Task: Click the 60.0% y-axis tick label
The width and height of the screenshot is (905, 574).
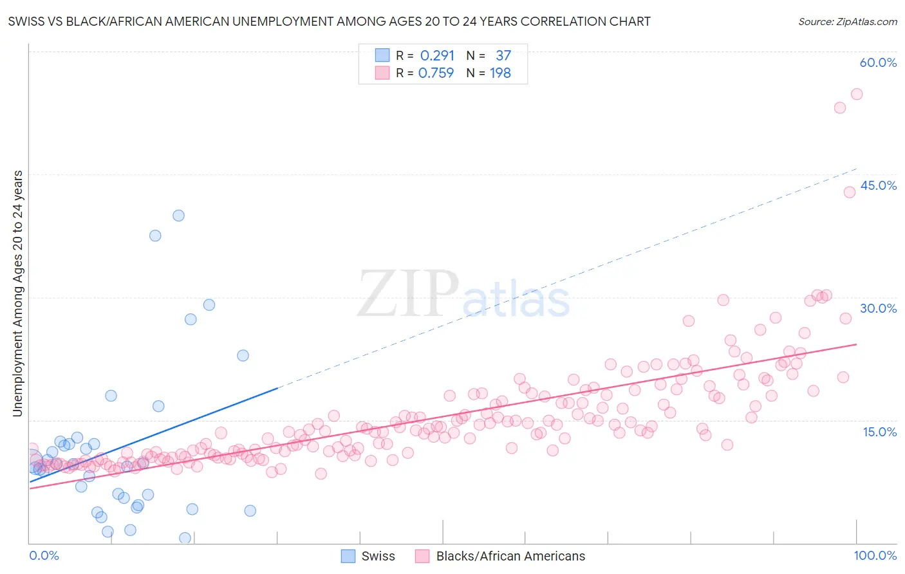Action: click(878, 62)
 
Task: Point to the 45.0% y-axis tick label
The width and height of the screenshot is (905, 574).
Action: click(878, 185)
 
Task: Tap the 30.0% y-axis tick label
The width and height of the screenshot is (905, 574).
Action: click(878, 308)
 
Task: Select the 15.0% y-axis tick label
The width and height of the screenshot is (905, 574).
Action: click(879, 432)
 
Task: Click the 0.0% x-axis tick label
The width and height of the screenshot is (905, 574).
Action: click(44, 555)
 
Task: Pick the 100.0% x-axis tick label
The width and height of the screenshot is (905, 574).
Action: click(875, 555)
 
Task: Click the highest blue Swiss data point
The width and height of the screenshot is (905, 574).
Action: click(178, 216)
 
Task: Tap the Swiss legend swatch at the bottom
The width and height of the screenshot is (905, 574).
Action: click(348, 556)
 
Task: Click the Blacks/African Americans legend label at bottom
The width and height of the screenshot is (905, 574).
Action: click(510, 556)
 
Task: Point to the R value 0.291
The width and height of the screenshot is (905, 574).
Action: click(437, 55)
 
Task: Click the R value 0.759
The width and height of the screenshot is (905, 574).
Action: click(436, 73)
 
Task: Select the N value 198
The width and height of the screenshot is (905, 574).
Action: click(500, 73)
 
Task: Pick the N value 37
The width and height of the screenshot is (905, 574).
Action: click(503, 55)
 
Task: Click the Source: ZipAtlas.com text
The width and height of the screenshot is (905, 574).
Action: click(847, 21)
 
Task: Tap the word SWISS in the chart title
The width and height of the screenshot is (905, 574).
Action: click(26, 21)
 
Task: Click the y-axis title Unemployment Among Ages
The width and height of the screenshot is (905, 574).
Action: click(17, 293)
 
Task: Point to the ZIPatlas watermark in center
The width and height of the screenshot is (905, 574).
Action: click(463, 295)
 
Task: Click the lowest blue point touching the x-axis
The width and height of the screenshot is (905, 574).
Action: click(185, 538)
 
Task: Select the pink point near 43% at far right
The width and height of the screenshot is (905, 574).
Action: click(850, 192)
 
